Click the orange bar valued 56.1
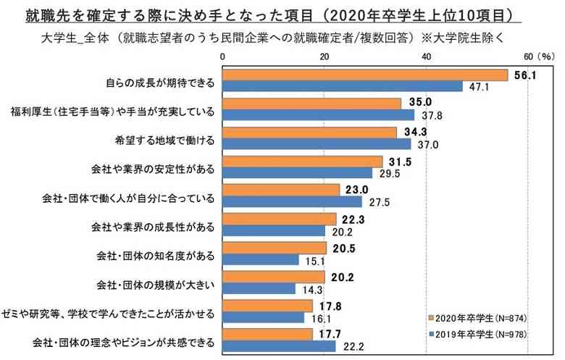(x=365, y=75)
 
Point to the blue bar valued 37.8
(x=318, y=114)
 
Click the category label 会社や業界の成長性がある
(x=154, y=227)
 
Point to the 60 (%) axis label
(x=537, y=56)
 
